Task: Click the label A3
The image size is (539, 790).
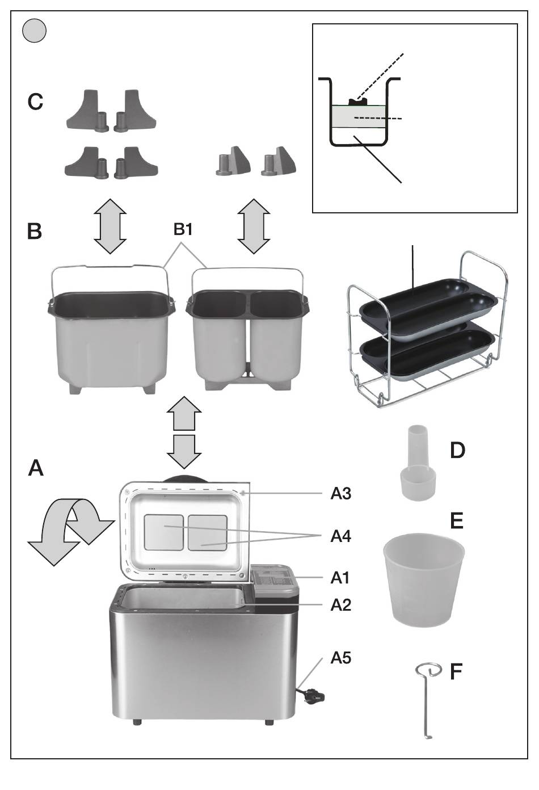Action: [x=340, y=493]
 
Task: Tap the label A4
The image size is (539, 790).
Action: [x=340, y=536]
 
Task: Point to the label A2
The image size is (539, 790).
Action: [x=340, y=605]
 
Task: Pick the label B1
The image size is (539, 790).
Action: [x=183, y=229]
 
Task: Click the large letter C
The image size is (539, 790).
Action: [x=35, y=102]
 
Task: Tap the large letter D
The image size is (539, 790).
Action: [x=457, y=451]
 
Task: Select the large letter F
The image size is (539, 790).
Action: [x=456, y=671]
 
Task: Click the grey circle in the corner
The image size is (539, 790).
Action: [x=34, y=31]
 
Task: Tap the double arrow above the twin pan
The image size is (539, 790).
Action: [x=254, y=226]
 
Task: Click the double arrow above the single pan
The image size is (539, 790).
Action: [x=110, y=226]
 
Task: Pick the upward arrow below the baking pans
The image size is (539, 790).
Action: [x=184, y=413]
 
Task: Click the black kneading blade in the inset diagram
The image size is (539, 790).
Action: [x=358, y=102]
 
